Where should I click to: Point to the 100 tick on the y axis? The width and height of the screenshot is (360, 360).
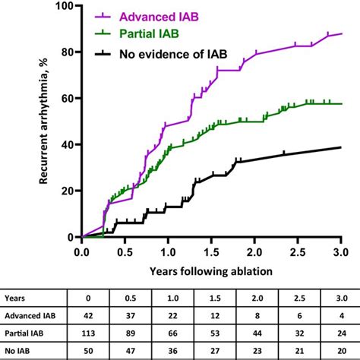[x=62, y=6]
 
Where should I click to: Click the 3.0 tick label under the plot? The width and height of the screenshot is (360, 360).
[x=340, y=251]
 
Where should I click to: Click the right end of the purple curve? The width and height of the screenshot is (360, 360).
[x=341, y=34]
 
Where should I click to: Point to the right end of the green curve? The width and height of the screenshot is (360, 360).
[x=341, y=103]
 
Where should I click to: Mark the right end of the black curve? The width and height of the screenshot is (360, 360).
[x=341, y=147]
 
